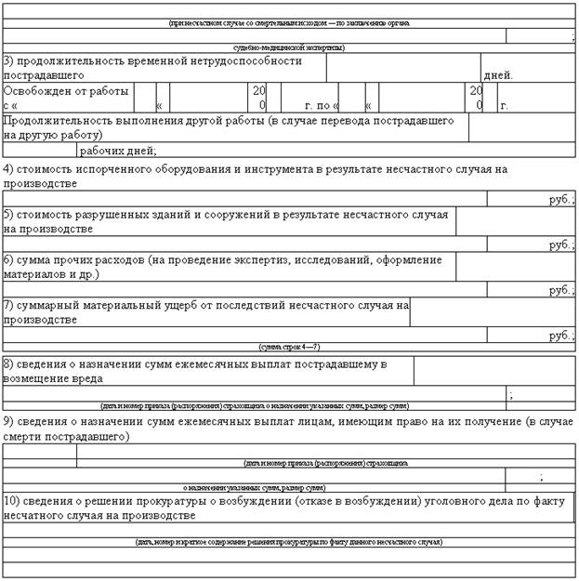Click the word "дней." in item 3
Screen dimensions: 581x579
tap(497, 75)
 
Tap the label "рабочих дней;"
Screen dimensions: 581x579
tap(118, 151)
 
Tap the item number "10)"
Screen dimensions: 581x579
tap(14, 501)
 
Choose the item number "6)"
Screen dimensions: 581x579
tap(8, 260)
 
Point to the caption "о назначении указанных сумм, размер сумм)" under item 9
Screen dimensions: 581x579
tap(254, 487)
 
